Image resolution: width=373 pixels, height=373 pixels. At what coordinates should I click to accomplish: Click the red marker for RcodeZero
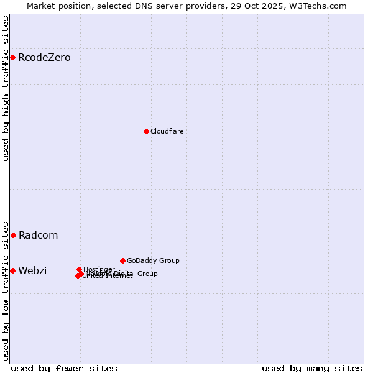[12, 58]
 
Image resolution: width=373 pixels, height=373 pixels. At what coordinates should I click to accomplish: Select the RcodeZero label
[44, 58]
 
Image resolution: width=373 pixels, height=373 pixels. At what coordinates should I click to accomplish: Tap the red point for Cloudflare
[146, 131]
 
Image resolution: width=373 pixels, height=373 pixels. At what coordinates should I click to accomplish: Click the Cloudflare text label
[167, 131]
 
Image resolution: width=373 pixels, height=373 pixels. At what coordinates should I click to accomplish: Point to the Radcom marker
[13, 235]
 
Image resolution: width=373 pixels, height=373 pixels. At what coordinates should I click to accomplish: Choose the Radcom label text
[38, 235]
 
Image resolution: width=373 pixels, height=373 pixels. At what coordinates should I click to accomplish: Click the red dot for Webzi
[12, 270]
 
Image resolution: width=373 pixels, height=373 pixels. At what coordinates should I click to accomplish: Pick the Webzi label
[32, 270]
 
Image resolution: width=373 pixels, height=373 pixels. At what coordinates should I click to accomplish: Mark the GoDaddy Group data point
[122, 260]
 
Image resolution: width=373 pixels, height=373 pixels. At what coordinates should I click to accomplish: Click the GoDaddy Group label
[153, 260]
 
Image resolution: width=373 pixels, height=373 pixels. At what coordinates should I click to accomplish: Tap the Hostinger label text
[99, 269]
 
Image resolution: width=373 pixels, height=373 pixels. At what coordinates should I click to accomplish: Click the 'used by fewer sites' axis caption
[64, 368]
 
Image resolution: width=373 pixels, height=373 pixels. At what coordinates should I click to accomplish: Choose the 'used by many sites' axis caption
[312, 368]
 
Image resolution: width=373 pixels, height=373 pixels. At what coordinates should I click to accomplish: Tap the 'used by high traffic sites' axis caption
[6, 88]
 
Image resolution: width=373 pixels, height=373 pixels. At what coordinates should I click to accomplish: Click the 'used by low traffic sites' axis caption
[6, 290]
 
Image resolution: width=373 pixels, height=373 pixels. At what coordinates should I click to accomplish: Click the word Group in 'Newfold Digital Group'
[147, 274]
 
